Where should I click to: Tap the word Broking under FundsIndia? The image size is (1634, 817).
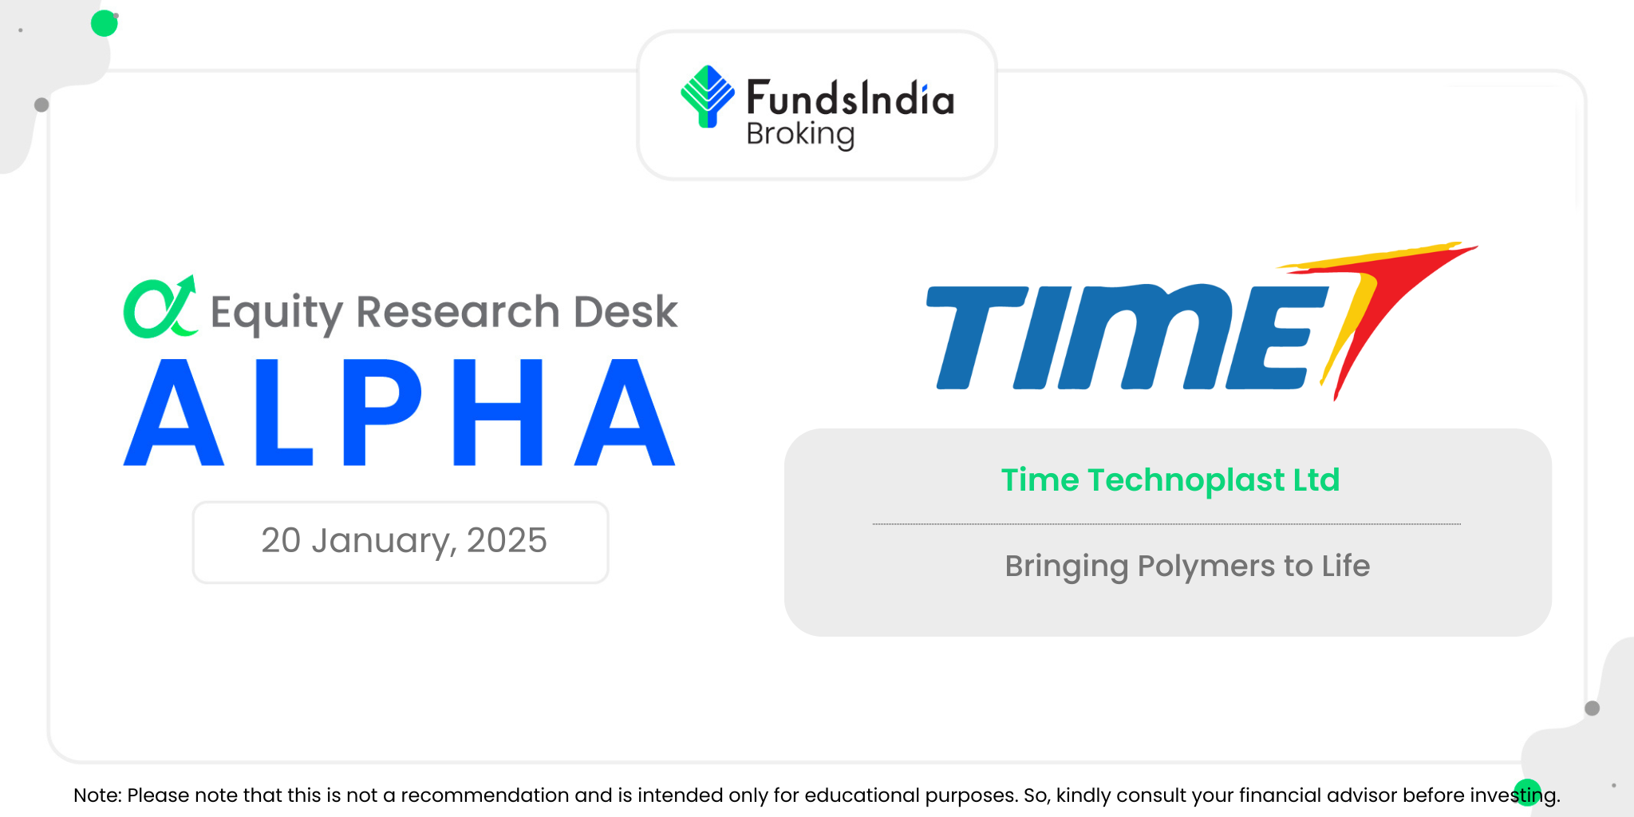point(800,134)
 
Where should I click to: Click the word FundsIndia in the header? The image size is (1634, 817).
point(850,98)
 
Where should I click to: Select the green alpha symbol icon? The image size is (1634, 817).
point(160,307)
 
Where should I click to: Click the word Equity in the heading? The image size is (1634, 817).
point(277,313)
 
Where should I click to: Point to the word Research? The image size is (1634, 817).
point(458,311)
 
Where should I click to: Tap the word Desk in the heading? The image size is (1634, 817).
point(626,311)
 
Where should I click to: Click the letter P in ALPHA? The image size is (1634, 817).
point(381,412)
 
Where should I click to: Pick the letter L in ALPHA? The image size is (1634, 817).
point(283,412)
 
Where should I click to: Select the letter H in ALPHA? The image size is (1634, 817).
point(498,412)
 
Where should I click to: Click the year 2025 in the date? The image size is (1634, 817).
point(507,540)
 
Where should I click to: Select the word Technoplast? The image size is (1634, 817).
point(1186,480)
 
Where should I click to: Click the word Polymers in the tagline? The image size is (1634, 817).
point(1206,567)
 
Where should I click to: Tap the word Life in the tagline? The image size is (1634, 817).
point(1346,566)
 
